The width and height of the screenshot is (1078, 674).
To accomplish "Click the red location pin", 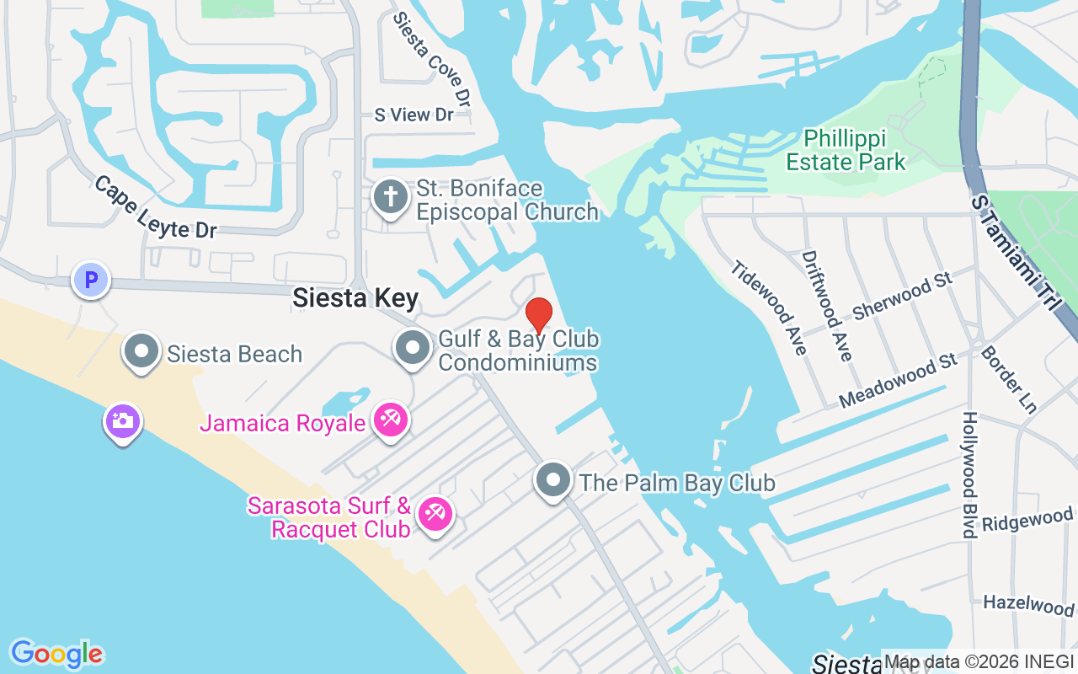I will coord(539,315).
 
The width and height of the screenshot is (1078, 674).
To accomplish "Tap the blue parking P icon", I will coord(91,280).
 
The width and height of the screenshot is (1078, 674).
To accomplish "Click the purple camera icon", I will coord(123,421).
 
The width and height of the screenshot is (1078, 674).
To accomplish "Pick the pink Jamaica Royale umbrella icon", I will coord(391,420).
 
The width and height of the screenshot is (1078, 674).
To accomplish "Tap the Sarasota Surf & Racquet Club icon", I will coord(435,513).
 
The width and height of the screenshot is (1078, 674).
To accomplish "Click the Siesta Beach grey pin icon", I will coord(142,350).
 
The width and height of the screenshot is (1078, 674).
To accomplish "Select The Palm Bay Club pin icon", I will coord(553,481).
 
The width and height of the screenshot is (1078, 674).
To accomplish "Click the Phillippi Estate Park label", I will coord(854,150).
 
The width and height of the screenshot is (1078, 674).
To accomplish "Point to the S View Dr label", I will coord(414,115).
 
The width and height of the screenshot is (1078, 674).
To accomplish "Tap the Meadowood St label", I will coord(899,381).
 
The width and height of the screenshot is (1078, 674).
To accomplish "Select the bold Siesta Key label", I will coord(355,297).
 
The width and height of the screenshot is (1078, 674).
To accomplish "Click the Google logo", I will coord(57,654).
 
